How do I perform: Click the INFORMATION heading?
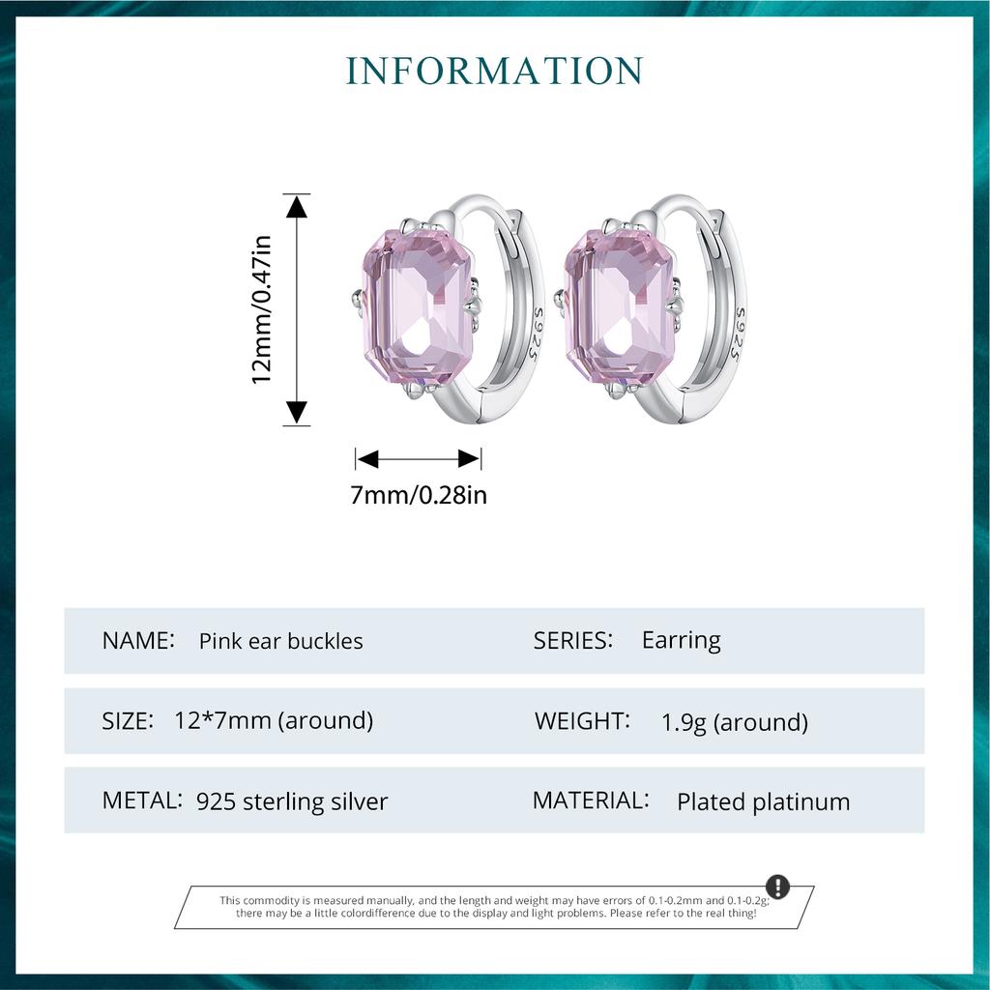(494, 71)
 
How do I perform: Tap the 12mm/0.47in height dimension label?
(262, 309)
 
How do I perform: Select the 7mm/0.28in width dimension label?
(418, 496)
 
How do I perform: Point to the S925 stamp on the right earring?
(740, 334)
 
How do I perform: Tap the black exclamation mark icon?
(777, 888)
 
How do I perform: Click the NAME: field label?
(138, 640)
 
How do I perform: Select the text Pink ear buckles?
(280, 641)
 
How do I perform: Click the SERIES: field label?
(573, 640)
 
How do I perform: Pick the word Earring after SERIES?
(681, 640)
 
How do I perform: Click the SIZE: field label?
(128, 720)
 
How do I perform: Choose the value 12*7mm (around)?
(274, 720)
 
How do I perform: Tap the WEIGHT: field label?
(582, 720)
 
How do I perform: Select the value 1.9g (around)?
(734, 722)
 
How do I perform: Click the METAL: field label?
(142, 801)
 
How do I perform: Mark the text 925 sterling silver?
(291, 801)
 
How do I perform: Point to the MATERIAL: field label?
(590, 801)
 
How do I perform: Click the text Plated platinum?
(763, 801)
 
